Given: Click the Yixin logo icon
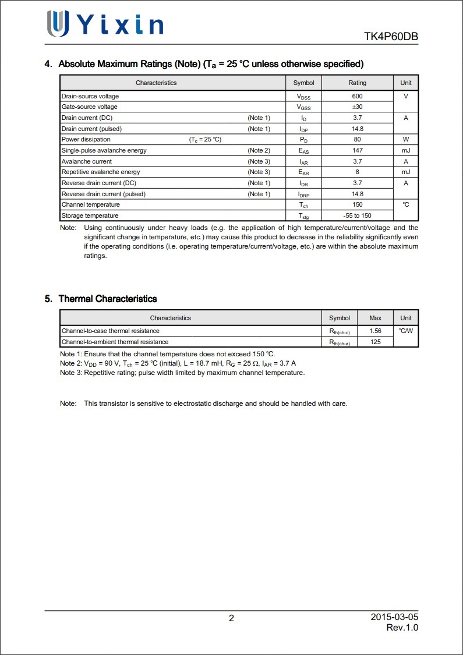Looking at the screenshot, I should click(x=58, y=24).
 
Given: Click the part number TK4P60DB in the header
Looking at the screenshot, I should click(x=391, y=37).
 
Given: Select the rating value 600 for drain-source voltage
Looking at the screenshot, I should click(x=357, y=96).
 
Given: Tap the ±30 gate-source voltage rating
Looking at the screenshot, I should click(x=357, y=107).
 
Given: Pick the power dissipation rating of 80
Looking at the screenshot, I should click(x=357, y=140).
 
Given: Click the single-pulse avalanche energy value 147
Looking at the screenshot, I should click(x=357, y=150).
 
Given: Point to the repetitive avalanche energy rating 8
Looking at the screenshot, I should click(x=357, y=172).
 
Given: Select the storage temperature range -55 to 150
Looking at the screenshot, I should click(x=357, y=216).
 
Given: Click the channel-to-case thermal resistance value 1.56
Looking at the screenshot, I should click(x=375, y=331).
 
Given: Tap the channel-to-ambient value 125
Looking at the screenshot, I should click(x=375, y=342).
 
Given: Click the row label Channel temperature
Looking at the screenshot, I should click(x=91, y=205).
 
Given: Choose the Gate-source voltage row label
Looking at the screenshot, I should click(x=90, y=107).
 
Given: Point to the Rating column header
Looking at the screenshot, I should click(x=357, y=83).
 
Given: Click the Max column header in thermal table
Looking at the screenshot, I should click(x=375, y=318).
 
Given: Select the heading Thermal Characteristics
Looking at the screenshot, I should click(x=108, y=299).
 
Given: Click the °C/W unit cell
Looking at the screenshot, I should click(x=406, y=331).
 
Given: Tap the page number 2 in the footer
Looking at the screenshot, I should click(x=231, y=618).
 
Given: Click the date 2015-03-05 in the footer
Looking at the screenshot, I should click(x=394, y=617).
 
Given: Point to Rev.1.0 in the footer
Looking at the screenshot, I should click(x=402, y=628).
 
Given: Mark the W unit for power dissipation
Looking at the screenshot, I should click(x=406, y=140).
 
